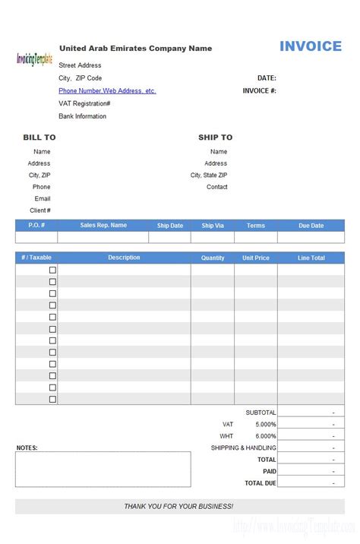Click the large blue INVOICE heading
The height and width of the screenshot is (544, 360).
(x=311, y=46)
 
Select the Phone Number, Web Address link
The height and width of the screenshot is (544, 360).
(x=107, y=90)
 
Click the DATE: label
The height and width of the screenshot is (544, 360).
(x=267, y=77)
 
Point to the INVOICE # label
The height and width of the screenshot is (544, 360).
(x=259, y=90)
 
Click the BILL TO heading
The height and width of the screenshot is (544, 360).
(x=39, y=138)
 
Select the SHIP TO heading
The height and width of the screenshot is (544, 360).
(x=215, y=138)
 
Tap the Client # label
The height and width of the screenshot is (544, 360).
(x=40, y=210)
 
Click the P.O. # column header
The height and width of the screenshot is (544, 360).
(x=36, y=226)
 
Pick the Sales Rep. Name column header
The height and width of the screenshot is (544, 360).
(x=103, y=226)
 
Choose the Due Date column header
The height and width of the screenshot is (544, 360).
(x=311, y=226)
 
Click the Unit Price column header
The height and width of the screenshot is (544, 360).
(x=256, y=258)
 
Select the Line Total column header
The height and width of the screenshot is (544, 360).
(x=311, y=258)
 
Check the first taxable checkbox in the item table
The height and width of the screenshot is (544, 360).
(x=52, y=270)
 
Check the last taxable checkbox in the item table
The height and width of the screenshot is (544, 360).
(x=52, y=399)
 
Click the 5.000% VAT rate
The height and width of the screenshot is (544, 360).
(x=265, y=424)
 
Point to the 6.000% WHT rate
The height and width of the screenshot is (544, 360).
(x=265, y=436)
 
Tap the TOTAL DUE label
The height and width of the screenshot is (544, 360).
(x=260, y=483)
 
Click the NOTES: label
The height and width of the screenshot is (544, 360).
(x=27, y=448)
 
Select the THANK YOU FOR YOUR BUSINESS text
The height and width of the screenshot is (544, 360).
(x=179, y=506)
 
